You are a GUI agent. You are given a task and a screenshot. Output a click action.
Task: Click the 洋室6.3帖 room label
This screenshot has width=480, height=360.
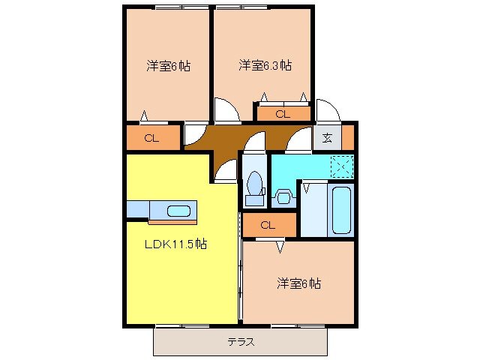tap(265, 65)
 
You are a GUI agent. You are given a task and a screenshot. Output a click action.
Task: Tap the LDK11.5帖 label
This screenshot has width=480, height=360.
tap(176, 244)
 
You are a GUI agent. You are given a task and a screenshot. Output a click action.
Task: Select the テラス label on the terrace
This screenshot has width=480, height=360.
tap(241, 343)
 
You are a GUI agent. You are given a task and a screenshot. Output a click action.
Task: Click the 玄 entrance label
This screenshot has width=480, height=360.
tap(328, 136)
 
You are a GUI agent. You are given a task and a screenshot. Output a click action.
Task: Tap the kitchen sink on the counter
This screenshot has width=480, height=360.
tap(178, 211)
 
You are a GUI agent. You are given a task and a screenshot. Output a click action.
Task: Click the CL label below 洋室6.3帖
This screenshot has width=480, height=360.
tap(282, 114)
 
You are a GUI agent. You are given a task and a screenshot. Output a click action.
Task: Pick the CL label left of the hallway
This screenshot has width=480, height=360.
tap(151, 138)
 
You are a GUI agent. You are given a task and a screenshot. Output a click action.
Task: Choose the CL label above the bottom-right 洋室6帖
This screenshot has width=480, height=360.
tap(268, 225)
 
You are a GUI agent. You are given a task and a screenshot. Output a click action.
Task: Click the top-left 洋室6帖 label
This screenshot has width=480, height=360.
tap(168, 65)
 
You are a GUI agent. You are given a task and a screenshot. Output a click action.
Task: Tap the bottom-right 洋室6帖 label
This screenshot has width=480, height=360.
tap(299, 283)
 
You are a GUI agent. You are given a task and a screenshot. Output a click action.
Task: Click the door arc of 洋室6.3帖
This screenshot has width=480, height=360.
tap(226, 112)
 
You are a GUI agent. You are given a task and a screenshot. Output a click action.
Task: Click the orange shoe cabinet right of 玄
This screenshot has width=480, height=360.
tap(347, 136)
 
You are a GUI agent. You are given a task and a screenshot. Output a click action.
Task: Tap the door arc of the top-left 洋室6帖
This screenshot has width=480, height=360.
tap(194, 134)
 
